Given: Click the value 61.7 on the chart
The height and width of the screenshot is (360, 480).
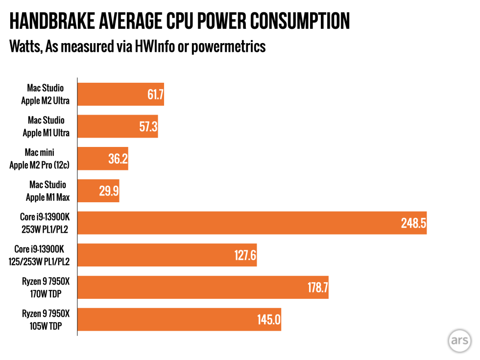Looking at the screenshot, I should (155, 95).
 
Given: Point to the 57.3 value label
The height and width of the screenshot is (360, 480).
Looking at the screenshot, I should (148, 126).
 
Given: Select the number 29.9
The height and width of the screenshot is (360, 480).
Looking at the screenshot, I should (109, 191).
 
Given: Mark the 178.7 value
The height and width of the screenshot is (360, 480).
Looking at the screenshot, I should (318, 288).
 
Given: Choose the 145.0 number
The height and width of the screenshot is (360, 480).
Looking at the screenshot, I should (268, 320).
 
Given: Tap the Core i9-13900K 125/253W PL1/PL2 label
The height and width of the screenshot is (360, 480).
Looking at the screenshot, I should (39, 256).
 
